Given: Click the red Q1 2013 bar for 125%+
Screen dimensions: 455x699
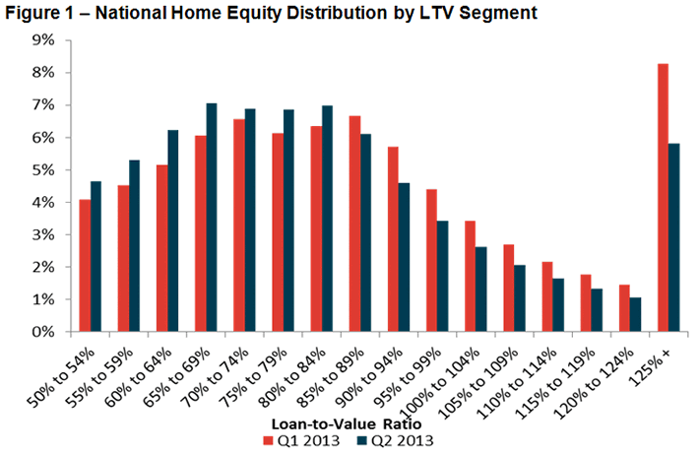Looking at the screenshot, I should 663,197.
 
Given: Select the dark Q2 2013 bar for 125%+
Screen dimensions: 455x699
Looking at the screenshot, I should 674,237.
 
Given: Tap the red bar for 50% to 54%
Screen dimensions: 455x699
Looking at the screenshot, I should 86,265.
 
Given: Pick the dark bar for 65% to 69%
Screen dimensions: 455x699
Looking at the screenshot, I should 212,217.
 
